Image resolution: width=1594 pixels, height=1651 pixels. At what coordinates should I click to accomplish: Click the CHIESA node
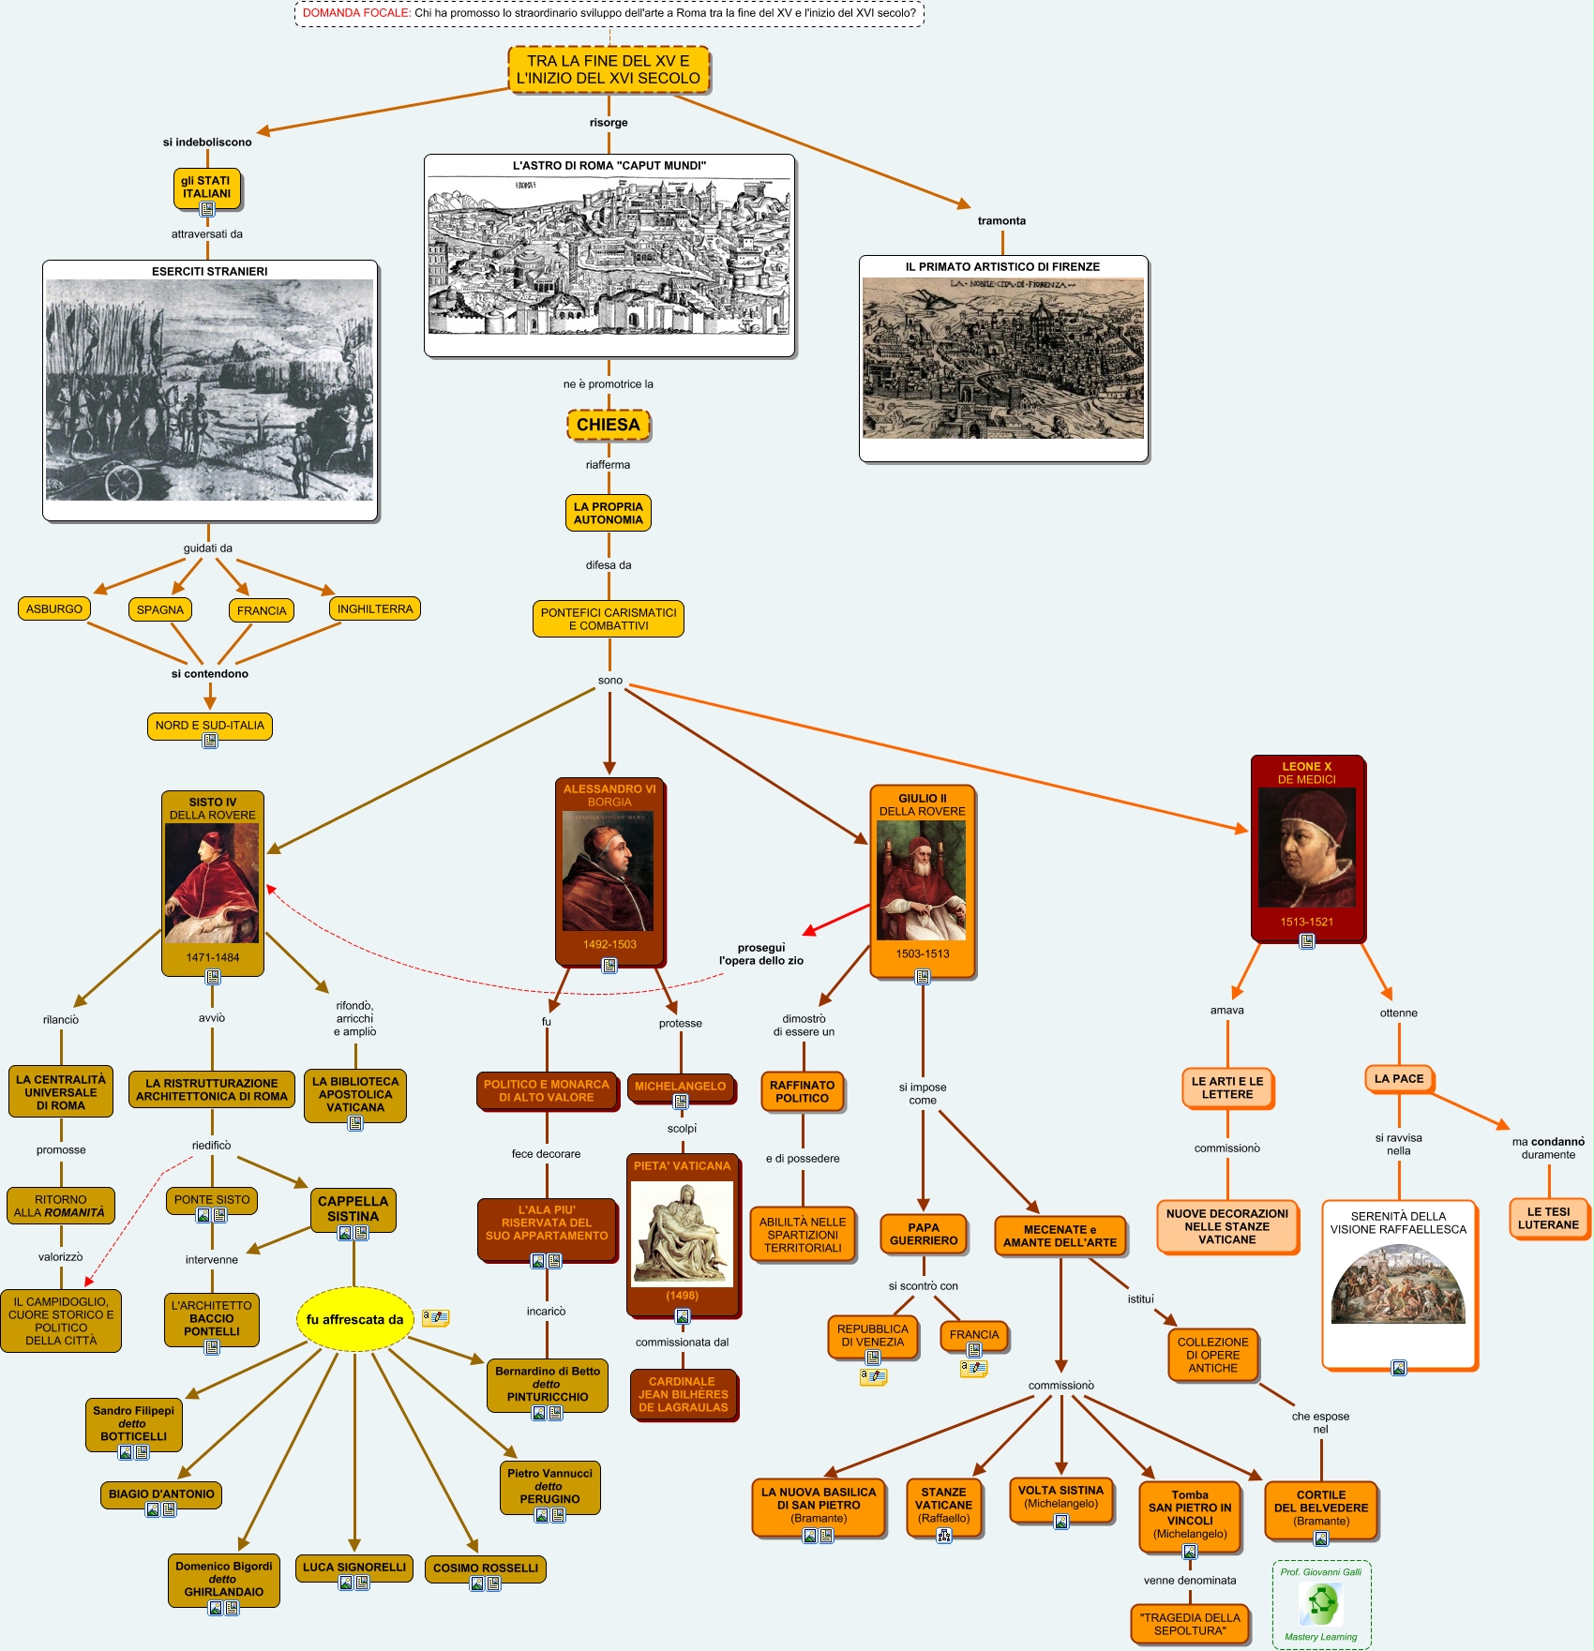(x=608, y=425)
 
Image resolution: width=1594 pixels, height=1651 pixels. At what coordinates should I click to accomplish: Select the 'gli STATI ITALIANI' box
(x=206, y=188)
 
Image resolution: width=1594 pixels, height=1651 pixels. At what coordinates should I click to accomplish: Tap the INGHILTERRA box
(x=375, y=608)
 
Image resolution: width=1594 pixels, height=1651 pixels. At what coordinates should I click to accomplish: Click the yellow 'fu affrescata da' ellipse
(x=354, y=1319)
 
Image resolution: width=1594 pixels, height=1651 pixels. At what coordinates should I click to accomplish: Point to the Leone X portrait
(x=1306, y=847)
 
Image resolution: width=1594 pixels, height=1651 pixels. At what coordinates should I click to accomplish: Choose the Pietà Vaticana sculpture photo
(x=682, y=1232)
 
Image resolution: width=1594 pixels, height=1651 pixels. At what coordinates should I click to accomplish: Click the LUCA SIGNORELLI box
(x=354, y=1567)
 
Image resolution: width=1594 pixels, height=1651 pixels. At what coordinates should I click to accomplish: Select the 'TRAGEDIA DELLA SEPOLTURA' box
(x=1190, y=1624)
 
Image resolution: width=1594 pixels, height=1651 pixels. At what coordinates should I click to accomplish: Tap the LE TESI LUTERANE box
(x=1548, y=1218)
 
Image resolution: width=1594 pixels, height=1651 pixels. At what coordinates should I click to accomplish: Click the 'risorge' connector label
(x=609, y=123)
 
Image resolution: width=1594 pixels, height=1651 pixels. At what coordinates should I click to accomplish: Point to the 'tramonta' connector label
(x=1001, y=221)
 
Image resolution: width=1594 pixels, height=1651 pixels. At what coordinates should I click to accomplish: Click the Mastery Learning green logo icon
(x=1321, y=1604)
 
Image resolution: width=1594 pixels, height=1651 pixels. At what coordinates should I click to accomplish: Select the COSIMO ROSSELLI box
(x=486, y=1568)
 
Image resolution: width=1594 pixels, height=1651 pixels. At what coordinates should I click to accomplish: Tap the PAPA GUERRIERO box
(x=924, y=1234)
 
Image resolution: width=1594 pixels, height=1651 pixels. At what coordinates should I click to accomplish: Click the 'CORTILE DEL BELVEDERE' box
(x=1321, y=1508)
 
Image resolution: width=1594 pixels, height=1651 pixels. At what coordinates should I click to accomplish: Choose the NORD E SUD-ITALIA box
(x=210, y=725)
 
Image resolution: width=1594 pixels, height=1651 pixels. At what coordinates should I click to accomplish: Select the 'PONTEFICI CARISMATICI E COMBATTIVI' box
(x=609, y=619)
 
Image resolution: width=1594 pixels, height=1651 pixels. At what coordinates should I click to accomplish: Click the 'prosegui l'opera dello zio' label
(x=761, y=953)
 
